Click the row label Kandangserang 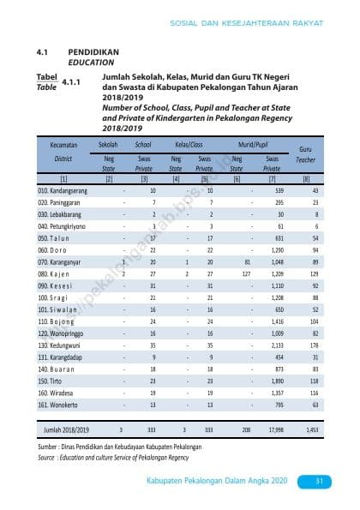pos(58,189)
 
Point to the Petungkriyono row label pos(58,225)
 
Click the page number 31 pos(316,480)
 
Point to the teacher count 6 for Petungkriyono pos(316,225)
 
